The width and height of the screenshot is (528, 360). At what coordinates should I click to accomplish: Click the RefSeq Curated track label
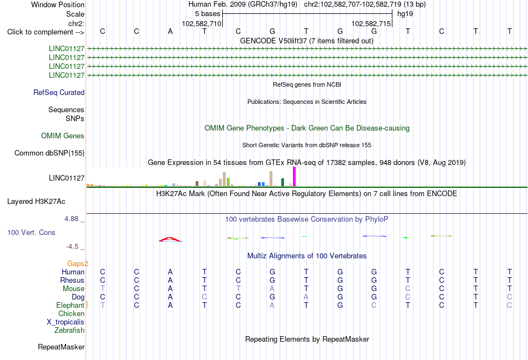pyautogui.click(x=59, y=93)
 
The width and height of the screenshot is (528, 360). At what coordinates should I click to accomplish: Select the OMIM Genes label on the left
pyautogui.click(x=63, y=136)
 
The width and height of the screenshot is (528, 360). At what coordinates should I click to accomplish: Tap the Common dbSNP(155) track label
pyautogui.click(x=49, y=153)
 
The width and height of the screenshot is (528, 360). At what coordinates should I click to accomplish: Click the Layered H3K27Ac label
pyautogui.click(x=36, y=201)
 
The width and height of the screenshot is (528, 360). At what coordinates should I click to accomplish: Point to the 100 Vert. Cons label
pyautogui.click(x=31, y=232)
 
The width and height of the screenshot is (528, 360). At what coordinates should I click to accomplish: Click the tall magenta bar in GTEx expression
pyautogui.click(x=295, y=177)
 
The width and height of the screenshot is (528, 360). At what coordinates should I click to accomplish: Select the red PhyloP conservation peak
pyautogui.click(x=171, y=239)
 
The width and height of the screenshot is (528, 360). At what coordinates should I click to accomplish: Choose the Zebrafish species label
pyautogui.click(x=69, y=331)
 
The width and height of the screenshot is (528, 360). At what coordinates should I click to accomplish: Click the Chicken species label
pyautogui.click(x=71, y=313)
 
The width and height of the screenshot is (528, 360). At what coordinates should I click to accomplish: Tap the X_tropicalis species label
pyautogui.click(x=66, y=322)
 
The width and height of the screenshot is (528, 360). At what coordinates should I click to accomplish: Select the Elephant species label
pyautogui.click(x=71, y=305)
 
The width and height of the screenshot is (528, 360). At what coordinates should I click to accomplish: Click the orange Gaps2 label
pyautogui.click(x=78, y=263)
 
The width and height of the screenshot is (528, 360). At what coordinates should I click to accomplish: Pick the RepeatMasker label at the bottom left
pyautogui.click(x=61, y=347)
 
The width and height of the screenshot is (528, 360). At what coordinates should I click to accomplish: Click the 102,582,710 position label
pyautogui.click(x=202, y=23)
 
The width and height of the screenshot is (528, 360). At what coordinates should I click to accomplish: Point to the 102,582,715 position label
pyautogui.click(x=371, y=23)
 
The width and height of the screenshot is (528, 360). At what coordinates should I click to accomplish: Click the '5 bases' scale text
pyautogui.click(x=207, y=14)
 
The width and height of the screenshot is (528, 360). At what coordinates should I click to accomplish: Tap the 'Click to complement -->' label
pyautogui.click(x=46, y=32)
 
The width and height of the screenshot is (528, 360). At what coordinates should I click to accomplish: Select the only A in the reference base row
pyautogui.click(x=171, y=31)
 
